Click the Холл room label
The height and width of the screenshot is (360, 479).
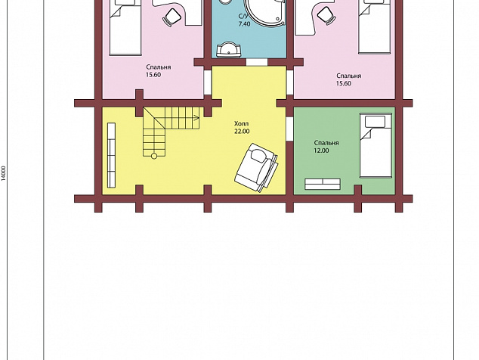point(241,123)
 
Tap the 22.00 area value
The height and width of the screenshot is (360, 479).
point(242,131)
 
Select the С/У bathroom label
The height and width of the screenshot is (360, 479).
point(244,16)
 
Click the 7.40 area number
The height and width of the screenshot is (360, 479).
point(244,24)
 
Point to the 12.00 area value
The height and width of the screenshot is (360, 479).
point(321,151)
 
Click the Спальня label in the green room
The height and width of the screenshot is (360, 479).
point(326,143)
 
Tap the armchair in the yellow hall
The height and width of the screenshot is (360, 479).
point(257,167)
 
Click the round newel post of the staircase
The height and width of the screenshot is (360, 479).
point(154,156)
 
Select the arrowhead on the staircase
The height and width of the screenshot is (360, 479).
point(197,117)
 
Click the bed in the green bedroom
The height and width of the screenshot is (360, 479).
point(375,145)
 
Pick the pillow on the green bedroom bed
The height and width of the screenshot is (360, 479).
point(375,122)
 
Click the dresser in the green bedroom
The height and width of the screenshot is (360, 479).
point(323,184)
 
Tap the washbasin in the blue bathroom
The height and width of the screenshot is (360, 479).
point(228,50)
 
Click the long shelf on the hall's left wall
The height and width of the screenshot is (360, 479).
point(112,155)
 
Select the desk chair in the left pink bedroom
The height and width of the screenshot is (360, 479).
point(172,17)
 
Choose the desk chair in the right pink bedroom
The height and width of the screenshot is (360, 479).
point(326,15)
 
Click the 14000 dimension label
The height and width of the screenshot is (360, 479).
point(3,173)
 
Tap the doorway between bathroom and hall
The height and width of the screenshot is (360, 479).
point(257,62)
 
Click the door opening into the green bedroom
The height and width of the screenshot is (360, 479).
point(289,129)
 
